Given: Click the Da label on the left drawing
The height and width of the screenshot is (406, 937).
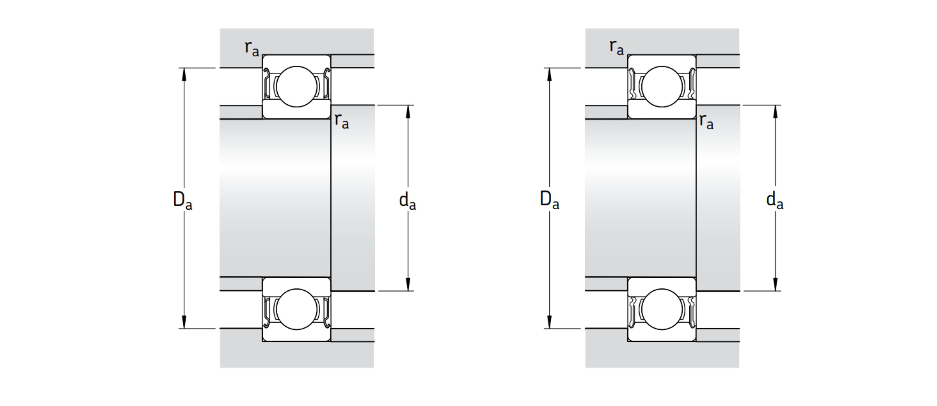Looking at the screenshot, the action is tap(183, 201).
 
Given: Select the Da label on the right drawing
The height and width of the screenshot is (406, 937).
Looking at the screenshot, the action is tap(549, 201).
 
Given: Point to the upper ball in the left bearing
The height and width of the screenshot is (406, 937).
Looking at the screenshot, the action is tap(297, 87).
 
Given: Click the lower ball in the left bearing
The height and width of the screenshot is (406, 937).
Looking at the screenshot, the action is tap(297, 309).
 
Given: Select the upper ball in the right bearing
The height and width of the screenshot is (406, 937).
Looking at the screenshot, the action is tap(662, 87).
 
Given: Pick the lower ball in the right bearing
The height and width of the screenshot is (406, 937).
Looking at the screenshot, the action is tap(662, 309).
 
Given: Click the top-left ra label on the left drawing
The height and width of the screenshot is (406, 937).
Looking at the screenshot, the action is tap(252, 49).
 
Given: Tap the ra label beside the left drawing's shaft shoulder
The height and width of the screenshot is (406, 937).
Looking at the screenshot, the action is tap(342, 121).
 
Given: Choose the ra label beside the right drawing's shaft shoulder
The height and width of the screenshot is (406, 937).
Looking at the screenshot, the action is tap(706, 121).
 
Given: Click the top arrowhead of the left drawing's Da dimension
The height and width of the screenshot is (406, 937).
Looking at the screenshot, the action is tap(184, 75).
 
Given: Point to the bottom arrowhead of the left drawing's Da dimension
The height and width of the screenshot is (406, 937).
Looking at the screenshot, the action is tap(184, 322).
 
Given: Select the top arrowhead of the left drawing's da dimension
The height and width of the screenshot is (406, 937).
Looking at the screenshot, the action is tap(408, 112).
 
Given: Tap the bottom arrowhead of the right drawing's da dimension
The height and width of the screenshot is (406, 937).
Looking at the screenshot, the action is tap(775, 284).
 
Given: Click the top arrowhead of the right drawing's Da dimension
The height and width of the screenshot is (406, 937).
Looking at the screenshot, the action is tap(549, 75).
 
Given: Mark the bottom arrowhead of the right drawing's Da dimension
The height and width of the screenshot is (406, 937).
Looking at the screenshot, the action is tap(549, 322).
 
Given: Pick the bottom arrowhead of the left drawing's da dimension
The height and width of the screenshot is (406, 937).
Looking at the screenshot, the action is tap(408, 284).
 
